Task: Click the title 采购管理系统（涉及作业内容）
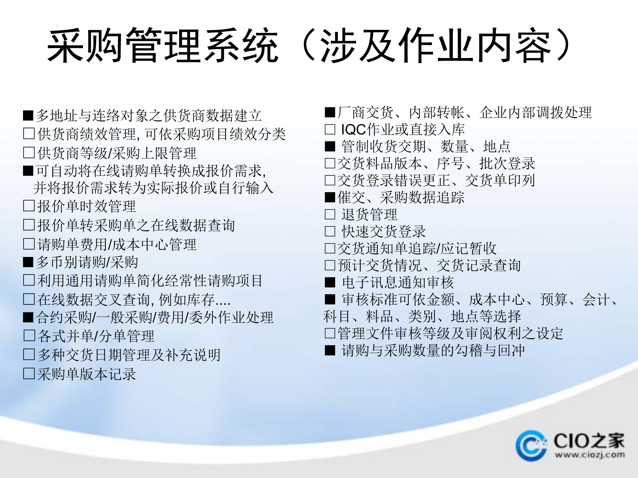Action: [x=309, y=45]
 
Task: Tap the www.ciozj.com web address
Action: [x=589, y=455]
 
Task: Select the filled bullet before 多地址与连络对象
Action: [x=28, y=116]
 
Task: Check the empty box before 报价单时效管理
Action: [x=29, y=206]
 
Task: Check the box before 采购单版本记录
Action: [x=29, y=374]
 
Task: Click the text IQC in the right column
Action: [x=354, y=129]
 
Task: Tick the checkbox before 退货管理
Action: [x=330, y=214]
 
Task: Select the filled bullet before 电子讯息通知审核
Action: [x=330, y=282]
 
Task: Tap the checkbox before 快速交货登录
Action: [x=330, y=231]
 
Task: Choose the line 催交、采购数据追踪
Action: [x=401, y=198]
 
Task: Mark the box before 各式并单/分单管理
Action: [x=29, y=336]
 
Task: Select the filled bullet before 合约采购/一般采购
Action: [x=28, y=318]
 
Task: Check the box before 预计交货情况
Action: [x=330, y=266]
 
